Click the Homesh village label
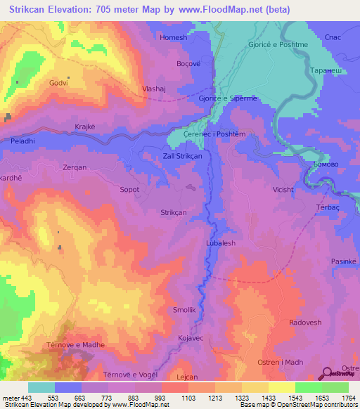coord(174,37)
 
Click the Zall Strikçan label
coord(182,156)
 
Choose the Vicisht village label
coord(285,190)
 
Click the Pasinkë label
coord(344,261)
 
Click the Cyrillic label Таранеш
coord(325,71)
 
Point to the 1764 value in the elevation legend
coord(347,398)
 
